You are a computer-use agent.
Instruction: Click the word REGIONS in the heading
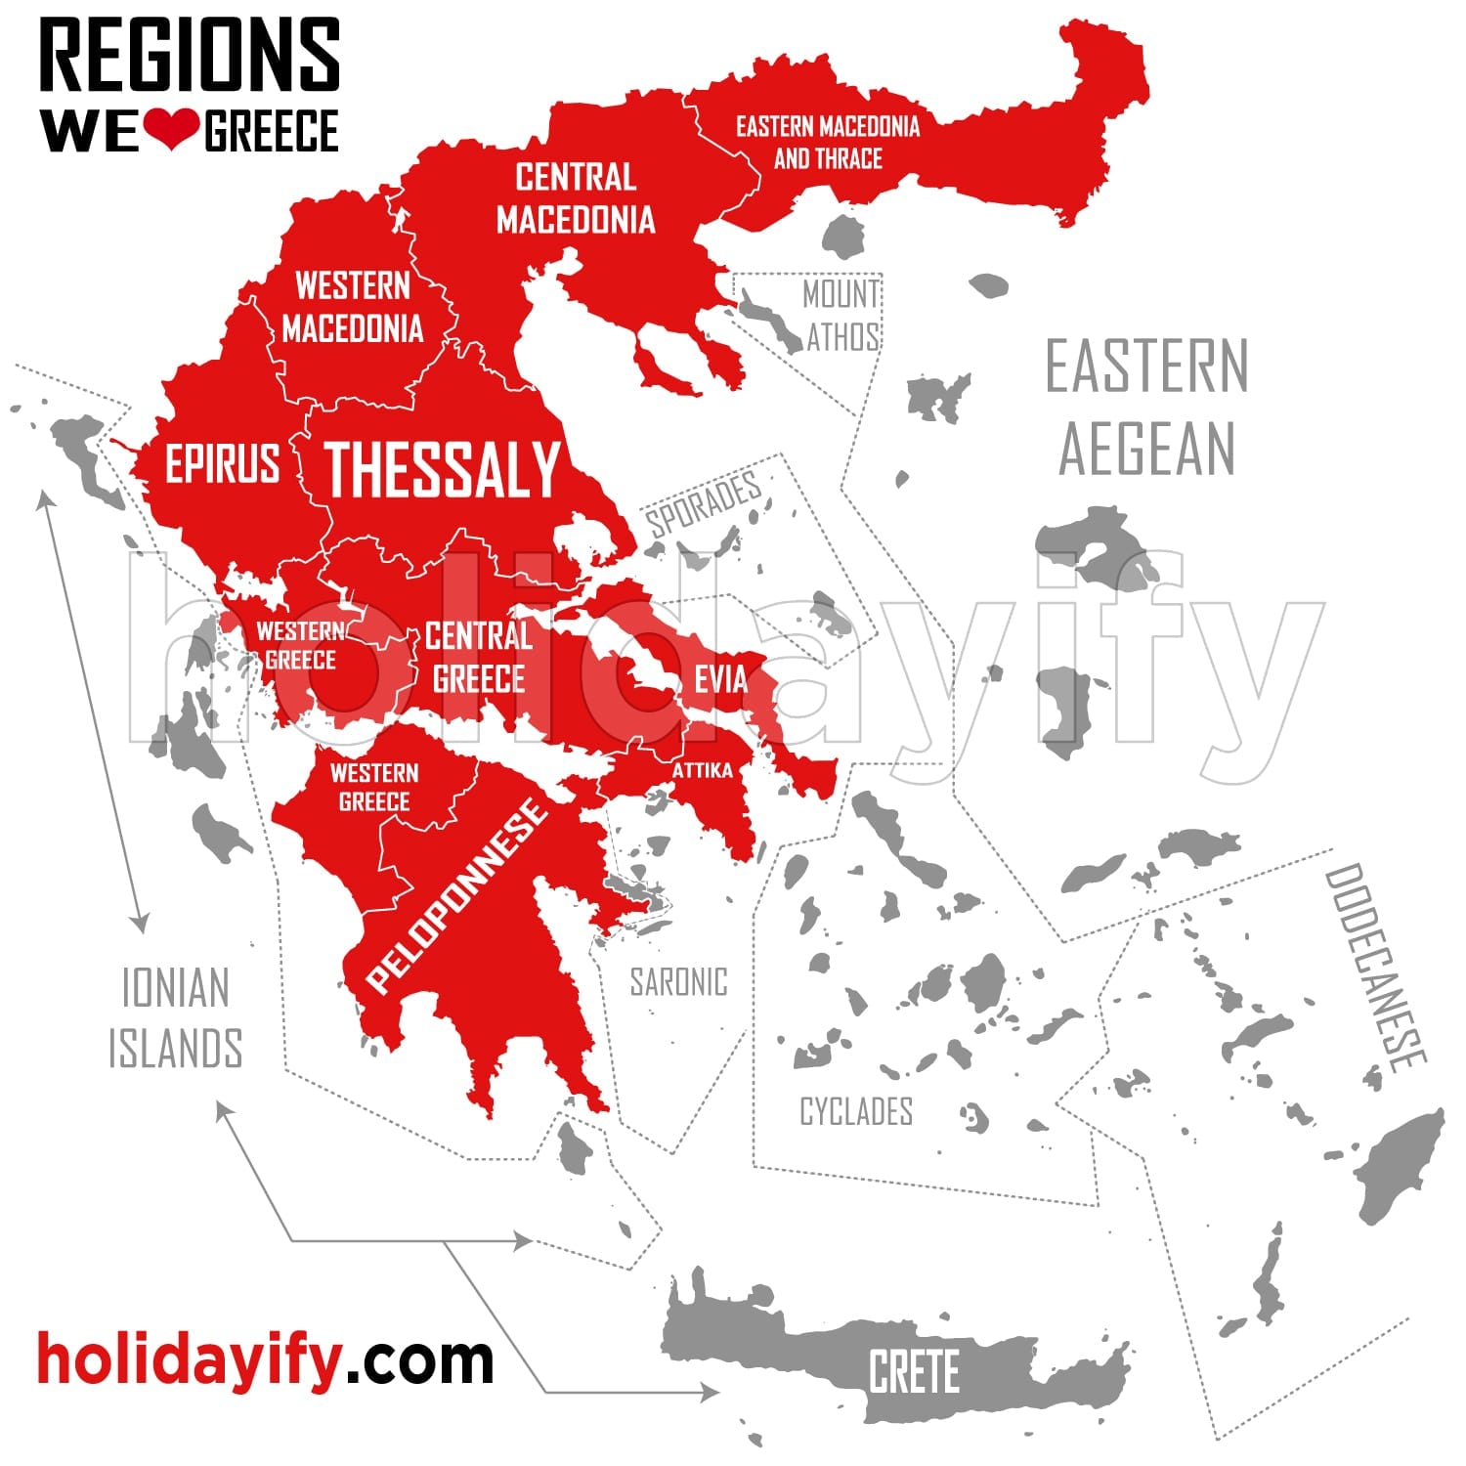point(190,56)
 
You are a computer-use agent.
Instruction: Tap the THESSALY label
point(442,470)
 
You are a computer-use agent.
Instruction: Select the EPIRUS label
point(222,463)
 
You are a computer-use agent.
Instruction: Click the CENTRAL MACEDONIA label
point(576,198)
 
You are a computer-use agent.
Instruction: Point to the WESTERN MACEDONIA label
point(353,307)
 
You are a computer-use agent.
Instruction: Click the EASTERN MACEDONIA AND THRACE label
point(828,142)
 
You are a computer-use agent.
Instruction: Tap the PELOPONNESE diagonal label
point(456,894)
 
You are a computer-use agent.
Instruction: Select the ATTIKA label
point(702,771)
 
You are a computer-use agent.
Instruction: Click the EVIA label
point(720,679)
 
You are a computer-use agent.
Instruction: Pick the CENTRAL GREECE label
point(479,658)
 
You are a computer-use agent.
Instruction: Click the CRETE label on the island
point(914,1371)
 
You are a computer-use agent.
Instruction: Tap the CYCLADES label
point(856,1111)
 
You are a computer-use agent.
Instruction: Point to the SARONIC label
point(678,982)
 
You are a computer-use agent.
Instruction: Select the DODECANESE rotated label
point(1374,968)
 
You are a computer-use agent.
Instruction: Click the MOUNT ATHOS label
point(841,315)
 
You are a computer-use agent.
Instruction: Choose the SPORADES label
point(703,503)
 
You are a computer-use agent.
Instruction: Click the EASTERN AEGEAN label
point(1147,407)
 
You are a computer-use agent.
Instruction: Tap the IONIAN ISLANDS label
point(175,1017)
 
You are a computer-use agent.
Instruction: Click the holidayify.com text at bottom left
point(265,1358)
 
